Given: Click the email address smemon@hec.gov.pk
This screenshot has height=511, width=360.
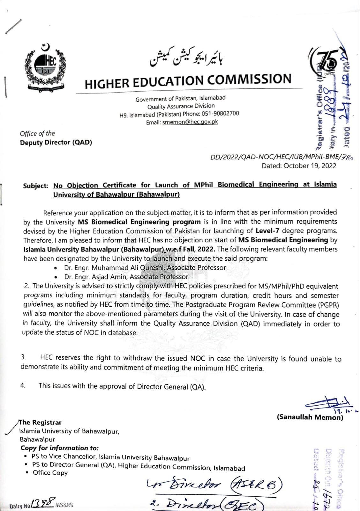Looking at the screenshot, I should click(x=190, y=122).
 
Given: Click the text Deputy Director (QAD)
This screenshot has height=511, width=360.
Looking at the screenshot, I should click(x=56, y=142).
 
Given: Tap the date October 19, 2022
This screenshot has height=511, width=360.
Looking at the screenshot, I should click(x=310, y=166).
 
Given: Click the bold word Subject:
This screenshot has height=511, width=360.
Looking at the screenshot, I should click(x=35, y=186).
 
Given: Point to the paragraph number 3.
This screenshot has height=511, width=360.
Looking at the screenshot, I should click(x=23, y=357).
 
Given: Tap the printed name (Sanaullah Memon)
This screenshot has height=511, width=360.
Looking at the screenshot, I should click(x=310, y=417).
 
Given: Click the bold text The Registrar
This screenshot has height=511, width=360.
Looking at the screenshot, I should click(x=41, y=422).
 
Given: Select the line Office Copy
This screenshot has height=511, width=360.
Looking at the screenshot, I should click(x=50, y=473).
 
